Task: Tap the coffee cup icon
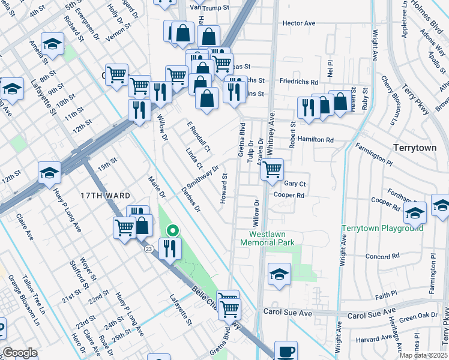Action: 286,351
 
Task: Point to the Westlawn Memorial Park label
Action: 267,238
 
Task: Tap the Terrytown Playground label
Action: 382,229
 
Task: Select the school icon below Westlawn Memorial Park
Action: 279,274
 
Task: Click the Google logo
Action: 20,353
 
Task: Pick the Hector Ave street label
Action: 299,23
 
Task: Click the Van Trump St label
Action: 209,7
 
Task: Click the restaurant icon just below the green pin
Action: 169,247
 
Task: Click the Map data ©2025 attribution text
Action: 424,355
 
